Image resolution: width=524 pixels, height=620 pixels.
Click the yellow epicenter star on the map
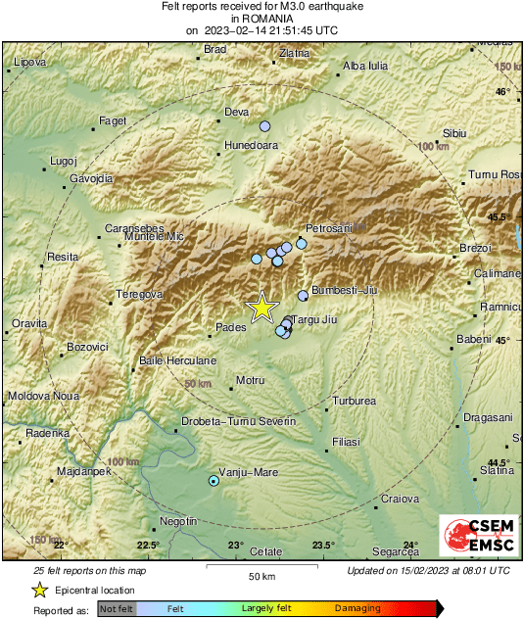pyautogui.click(x=262, y=308)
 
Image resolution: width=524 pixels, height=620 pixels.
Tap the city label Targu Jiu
pyautogui.click(x=315, y=319)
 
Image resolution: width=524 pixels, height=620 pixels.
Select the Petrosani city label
pyautogui.click(x=328, y=228)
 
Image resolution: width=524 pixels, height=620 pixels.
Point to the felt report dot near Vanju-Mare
pyautogui.click(x=214, y=481)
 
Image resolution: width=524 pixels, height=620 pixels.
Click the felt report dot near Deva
pyautogui.click(x=264, y=126)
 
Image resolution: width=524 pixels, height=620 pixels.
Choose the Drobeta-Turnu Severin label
pyautogui.click(x=239, y=421)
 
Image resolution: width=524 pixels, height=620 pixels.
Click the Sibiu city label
pyautogui.click(x=454, y=132)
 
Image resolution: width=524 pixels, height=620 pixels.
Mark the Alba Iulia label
pyautogui.click(x=366, y=67)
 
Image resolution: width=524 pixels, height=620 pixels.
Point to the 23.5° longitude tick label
pyautogui.click(x=323, y=545)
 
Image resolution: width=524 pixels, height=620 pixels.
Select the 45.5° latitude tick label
pyautogui.click(x=500, y=216)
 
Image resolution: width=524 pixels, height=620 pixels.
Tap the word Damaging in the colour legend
pyautogui.click(x=357, y=608)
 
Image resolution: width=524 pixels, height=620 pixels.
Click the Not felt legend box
pyautogui.click(x=117, y=608)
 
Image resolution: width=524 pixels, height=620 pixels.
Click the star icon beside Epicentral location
pyautogui.click(x=39, y=590)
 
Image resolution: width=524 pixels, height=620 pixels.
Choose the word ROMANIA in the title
pyautogui.click(x=262, y=19)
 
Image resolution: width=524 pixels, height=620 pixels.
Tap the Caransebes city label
pyautogui.click(x=132, y=229)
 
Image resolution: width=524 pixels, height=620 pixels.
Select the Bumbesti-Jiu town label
pyautogui.click(x=344, y=290)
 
